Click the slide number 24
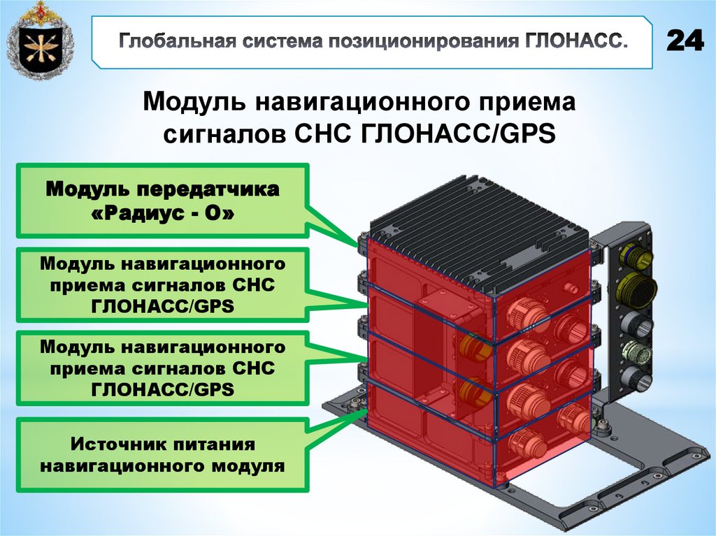pos(685,41)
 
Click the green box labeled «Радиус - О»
pos(162,201)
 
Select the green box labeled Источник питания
pos(162,455)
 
